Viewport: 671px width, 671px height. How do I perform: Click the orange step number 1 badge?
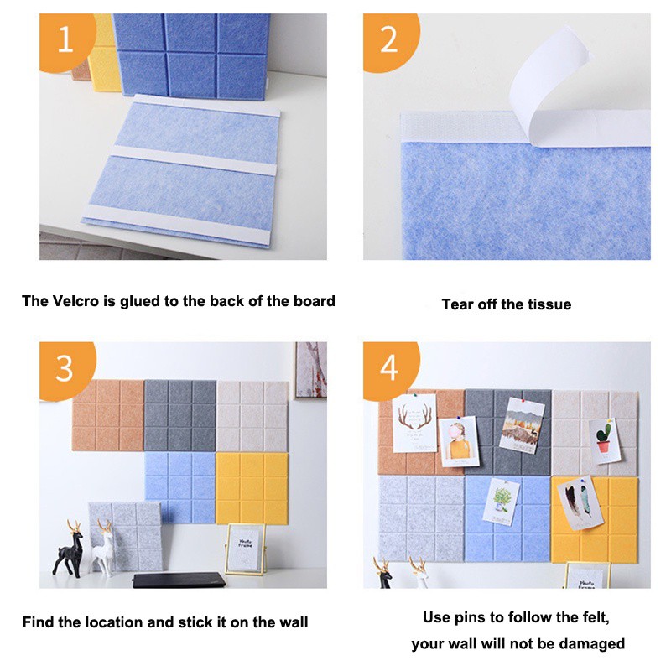(x=65, y=40)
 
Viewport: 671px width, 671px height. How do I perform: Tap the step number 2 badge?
(x=389, y=40)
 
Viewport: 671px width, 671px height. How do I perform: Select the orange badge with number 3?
(x=65, y=369)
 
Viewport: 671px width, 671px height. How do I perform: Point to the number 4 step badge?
(x=389, y=369)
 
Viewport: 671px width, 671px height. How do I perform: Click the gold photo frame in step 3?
(x=245, y=549)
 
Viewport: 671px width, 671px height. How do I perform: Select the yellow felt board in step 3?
(x=252, y=489)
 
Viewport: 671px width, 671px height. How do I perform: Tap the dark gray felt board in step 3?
(x=180, y=415)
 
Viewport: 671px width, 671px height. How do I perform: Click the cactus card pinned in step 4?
(x=605, y=441)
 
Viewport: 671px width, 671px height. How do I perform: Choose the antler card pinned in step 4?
(x=414, y=423)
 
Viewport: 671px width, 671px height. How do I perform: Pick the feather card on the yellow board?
(x=580, y=502)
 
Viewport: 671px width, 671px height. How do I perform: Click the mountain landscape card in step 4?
(x=521, y=425)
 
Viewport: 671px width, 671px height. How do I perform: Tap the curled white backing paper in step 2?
(x=552, y=86)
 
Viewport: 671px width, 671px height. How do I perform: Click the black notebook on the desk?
(x=179, y=580)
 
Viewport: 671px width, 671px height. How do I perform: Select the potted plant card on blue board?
(x=501, y=502)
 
